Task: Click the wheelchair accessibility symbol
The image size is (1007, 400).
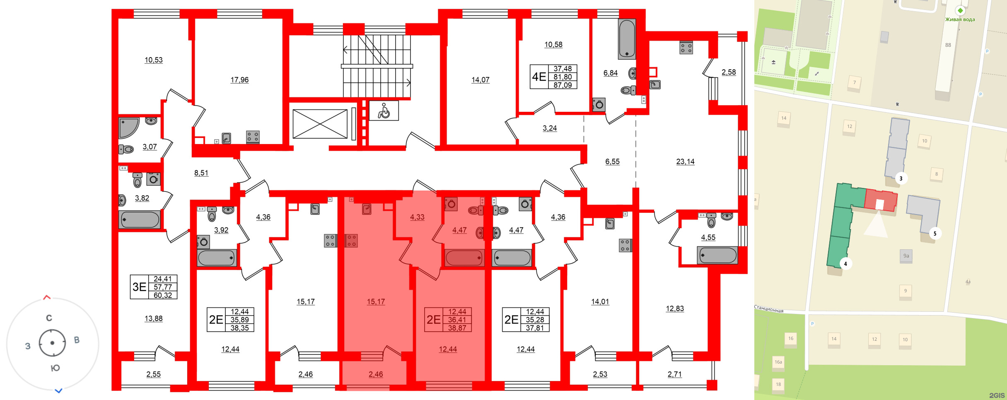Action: [x=384, y=111]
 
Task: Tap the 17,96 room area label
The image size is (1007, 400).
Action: [x=239, y=80]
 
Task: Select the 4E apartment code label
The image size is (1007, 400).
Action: [x=539, y=77]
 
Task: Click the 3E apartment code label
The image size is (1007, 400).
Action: [x=139, y=287]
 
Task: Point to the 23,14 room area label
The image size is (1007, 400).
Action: [x=685, y=162]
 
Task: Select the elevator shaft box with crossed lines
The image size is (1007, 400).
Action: [x=320, y=124]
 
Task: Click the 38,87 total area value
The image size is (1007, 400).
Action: [x=457, y=328]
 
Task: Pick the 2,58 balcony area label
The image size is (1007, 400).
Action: [x=729, y=72]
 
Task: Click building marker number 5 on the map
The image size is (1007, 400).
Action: [x=935, y=234]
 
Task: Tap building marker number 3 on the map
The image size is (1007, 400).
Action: [x=901, y=179]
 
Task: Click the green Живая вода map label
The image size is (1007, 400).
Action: [x=960, y=19]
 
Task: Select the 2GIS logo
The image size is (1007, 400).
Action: [x=997, y=395]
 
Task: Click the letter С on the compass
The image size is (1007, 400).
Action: [x=49, y=318]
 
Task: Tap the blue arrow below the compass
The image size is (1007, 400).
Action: [x=59, y=390]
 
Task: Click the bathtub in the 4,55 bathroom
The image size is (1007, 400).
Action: [x=717, y=255]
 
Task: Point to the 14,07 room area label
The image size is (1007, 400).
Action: [x=480, y=80]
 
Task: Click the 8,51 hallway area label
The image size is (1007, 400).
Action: [x=201, y=173]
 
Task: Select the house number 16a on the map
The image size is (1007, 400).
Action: [x=778, y=362]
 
